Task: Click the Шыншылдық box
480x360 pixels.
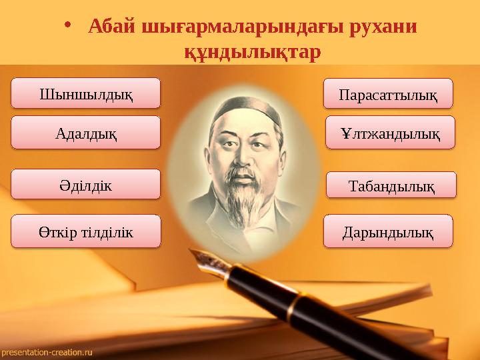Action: [87, 93]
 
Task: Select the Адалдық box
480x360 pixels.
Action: [87, 132]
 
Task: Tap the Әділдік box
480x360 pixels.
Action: [87, 184]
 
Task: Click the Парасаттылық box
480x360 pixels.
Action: [388, 93]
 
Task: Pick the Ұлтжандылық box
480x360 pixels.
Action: [390, 132]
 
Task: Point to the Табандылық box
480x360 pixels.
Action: [391, 185]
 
